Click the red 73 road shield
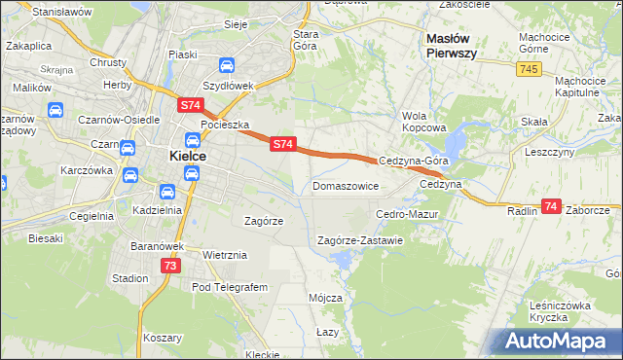pyautogui.click(x=170, y=266)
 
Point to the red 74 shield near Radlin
pyautogui.click(x=551, y=206)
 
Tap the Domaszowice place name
pyautogui.click(x=345, y=185)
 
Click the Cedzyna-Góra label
pyautogui.click(x=413, y=162)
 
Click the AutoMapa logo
pyautogui.click(x=556, y=341)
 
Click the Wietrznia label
pyautogui.click(x=224, y=255)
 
